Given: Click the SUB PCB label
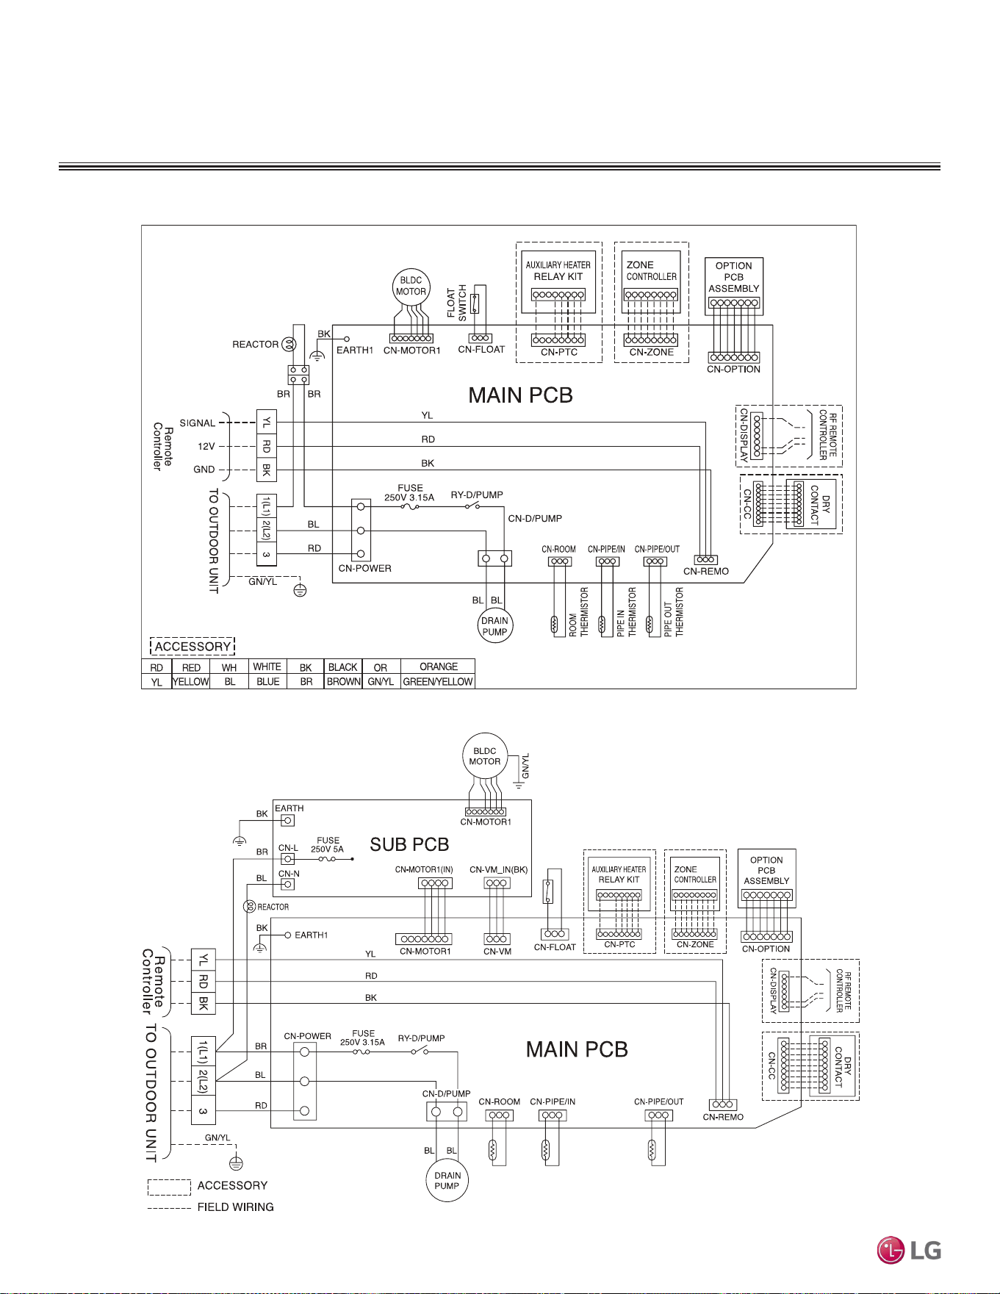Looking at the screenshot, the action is [x=409, y=844].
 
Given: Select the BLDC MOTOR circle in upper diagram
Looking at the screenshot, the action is [x=411, y=287].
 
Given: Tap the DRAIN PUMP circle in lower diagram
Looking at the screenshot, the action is [x=447, y=1181].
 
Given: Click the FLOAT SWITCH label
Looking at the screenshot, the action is [x=457, y=302].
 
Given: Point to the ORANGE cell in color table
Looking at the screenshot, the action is [x=438, y=666].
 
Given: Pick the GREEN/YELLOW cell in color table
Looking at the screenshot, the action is [x=438, y=681].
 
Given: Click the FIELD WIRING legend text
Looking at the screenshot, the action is [x=235, y=1207].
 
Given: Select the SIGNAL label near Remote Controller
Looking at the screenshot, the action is [x=198, y=423].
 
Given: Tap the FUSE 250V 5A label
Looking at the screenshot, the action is [x=328, y=845].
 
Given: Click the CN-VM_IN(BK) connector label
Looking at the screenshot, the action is [x=499, y=870].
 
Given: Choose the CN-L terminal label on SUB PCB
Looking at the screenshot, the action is [x=288, y=848].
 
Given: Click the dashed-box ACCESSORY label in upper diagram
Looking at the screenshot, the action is [x=193, y=647].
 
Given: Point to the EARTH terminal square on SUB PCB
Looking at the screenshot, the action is [x=288, y=820].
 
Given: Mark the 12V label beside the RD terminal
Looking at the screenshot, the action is [x=206, y=446].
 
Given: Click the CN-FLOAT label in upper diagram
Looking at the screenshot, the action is [x=481, y=350].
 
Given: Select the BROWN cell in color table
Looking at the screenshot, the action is [x=343, y=681].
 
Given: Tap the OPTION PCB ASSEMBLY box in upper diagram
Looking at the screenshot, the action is [x=733, y=286].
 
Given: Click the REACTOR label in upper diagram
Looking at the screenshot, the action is [x=255, y=344].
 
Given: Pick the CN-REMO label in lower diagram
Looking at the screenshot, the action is [x=723, y=1117].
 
